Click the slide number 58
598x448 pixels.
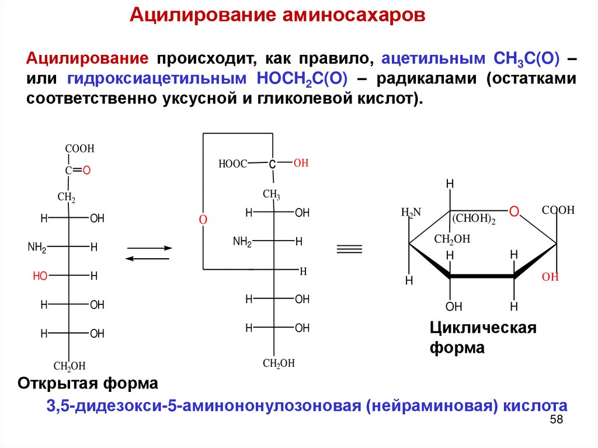coord(556,421)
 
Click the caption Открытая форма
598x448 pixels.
coord(88,384)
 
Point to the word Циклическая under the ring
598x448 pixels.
coord(483,328)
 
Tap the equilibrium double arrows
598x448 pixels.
coord(149,253)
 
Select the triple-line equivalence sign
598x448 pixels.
coord(349,249)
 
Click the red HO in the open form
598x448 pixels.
coord(40,276)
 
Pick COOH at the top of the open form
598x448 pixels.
coord(79,149)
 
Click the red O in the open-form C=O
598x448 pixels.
coord(86,171)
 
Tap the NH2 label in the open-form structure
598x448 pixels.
coord(37,247)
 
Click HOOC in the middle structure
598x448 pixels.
coord(233,165)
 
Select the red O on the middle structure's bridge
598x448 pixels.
coord(203,220)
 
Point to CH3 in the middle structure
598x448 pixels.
coord(272,194)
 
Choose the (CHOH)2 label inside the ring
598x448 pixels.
coord(473,220)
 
